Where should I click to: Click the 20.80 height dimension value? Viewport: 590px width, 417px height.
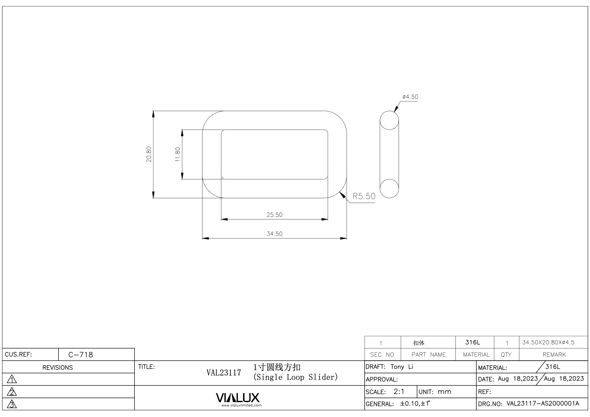pos(149,154)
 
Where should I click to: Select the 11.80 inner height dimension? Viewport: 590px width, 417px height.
pos(178,154)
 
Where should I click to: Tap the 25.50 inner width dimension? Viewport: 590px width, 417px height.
pos(274,215)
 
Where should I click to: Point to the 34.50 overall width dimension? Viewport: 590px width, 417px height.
pos(274,234)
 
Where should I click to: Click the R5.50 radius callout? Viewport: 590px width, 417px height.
pos(364,196)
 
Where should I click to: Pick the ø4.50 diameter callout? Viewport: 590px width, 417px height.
pos(410,97)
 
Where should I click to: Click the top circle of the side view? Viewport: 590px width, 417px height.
pos(390,120)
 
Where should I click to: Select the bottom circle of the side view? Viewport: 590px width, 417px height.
pos(390,188)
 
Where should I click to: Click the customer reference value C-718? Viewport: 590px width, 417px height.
pos(81,355)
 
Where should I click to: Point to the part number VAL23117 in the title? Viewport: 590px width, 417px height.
pos(224,373)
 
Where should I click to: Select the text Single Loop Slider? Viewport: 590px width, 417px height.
pos(295,377)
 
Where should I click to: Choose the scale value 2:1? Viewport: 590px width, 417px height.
pos(399,392)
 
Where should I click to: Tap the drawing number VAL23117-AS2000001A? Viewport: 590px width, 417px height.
pos(543,404)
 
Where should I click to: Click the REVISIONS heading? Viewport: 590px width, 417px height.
pos(58,368)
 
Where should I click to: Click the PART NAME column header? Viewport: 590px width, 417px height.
pos(429,355)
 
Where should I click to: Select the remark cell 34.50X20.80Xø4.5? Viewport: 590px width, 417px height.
pos(548,343)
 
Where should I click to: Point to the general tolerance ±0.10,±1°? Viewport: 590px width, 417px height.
pos(415,404)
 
